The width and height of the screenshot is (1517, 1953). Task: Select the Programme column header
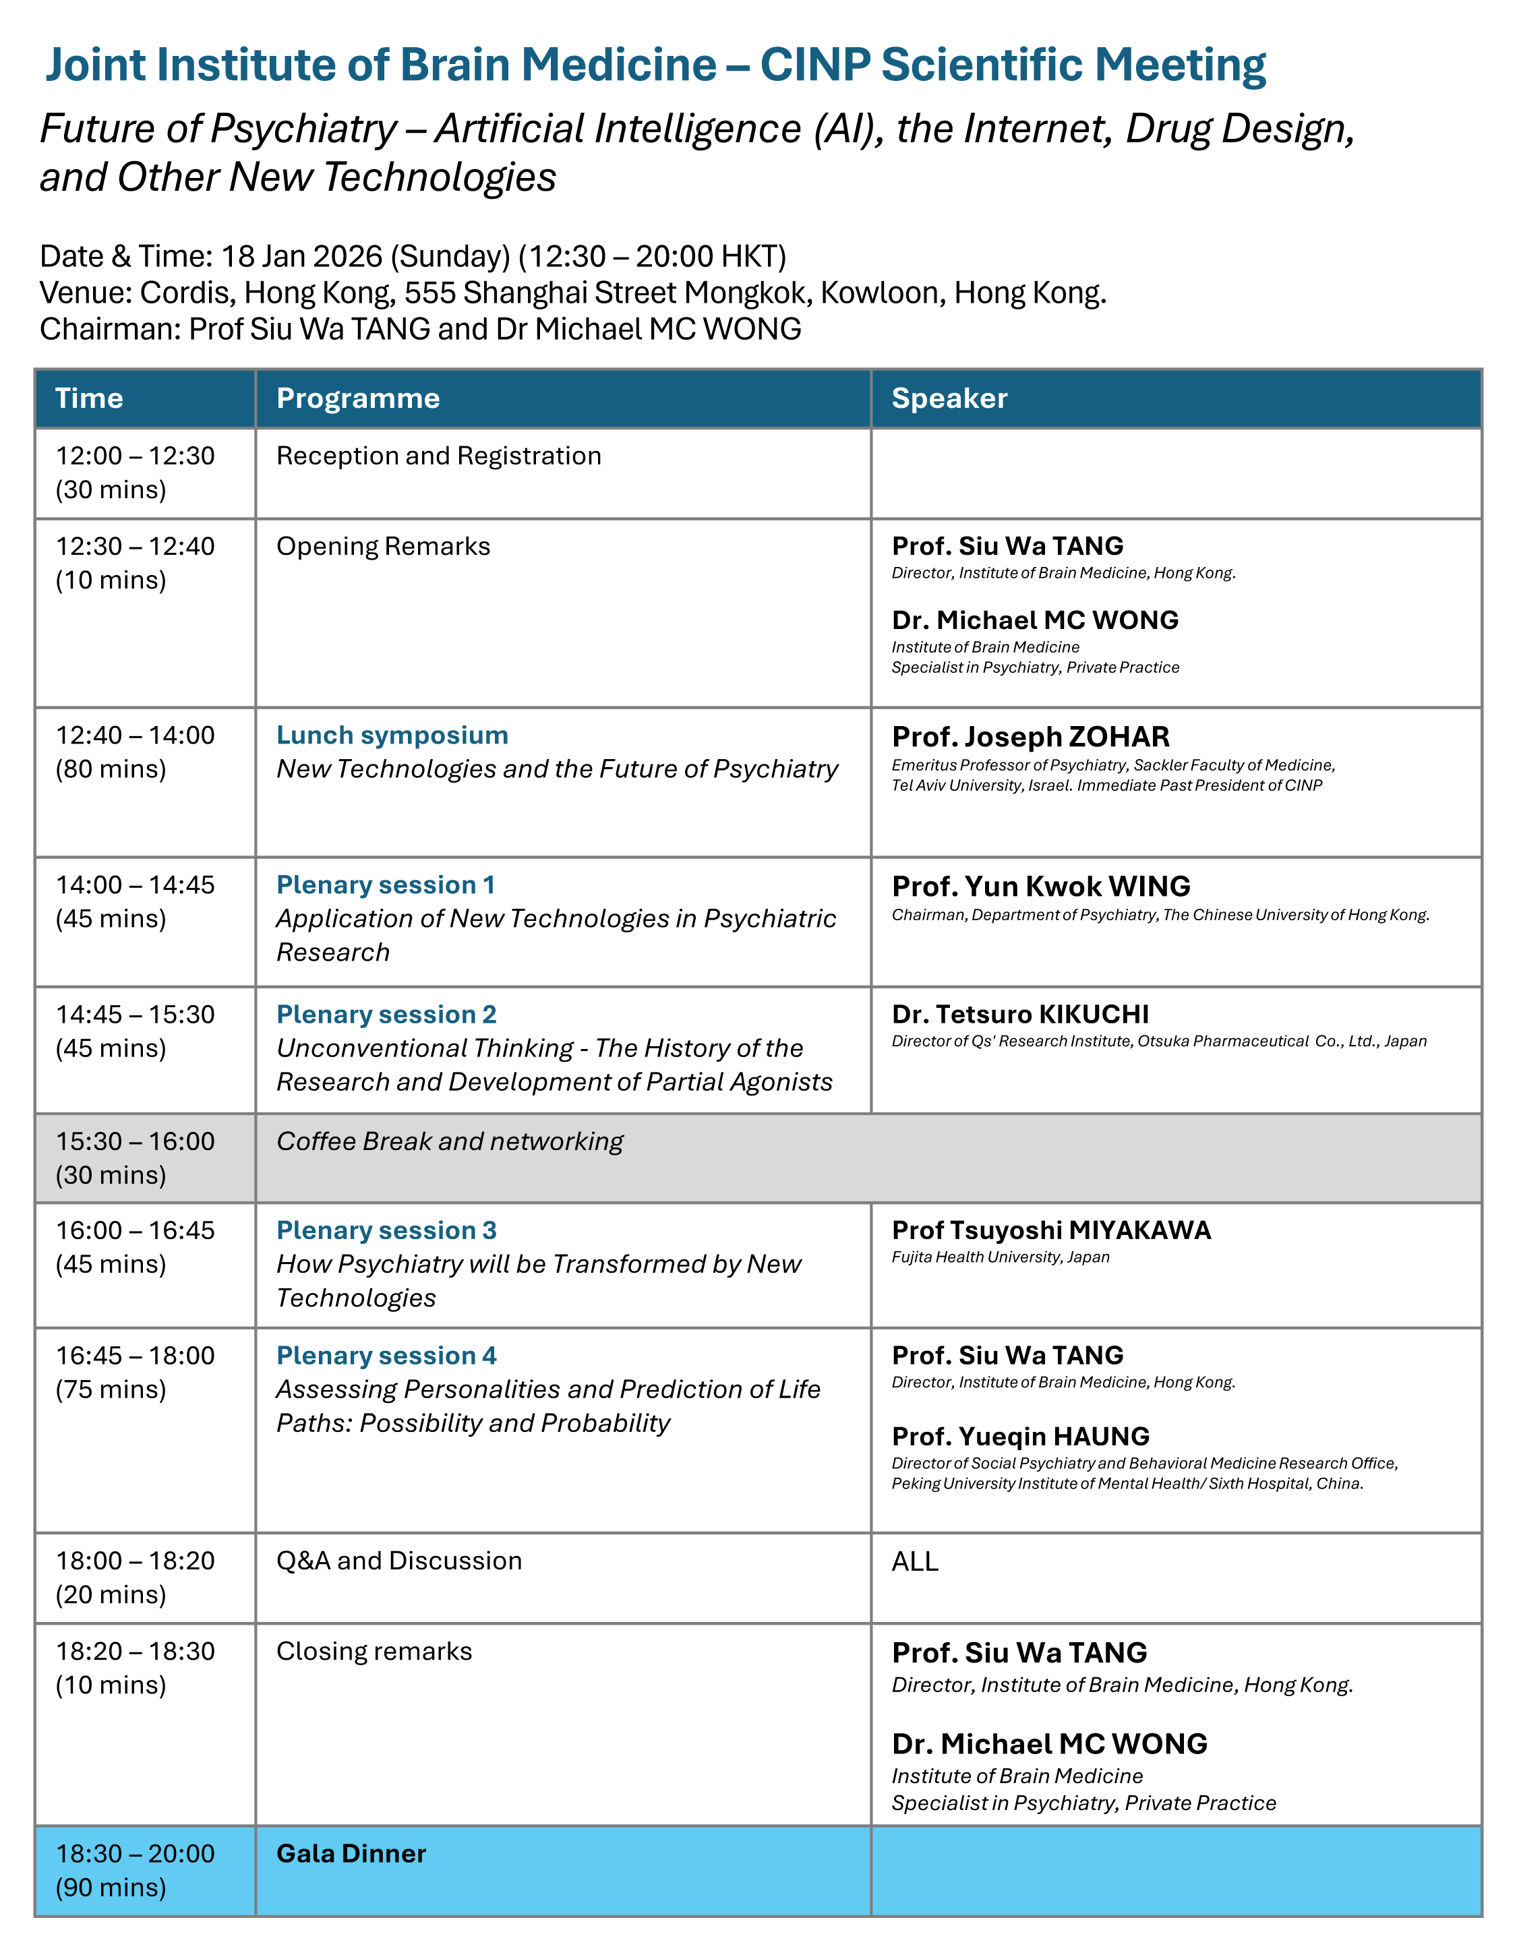(358, 398)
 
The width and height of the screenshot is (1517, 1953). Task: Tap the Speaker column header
(949, 398)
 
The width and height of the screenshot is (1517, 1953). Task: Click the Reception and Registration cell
(438, 456)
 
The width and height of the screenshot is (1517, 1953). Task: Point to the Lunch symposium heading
(392, 735)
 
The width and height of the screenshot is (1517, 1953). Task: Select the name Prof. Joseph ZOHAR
(1030, 737)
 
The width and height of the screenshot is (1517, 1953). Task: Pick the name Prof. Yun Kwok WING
(1040, 887)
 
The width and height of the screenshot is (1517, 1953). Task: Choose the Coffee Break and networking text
(449, 1142)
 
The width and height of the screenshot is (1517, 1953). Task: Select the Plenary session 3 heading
(386, 1230)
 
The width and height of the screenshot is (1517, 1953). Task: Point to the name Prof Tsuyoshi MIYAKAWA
(1051, 1230)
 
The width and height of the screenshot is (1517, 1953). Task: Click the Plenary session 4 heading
(386, 1356)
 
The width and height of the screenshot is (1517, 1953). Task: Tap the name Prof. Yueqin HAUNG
(1019, 1436)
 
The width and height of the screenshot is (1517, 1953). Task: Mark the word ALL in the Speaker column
(914, 1561)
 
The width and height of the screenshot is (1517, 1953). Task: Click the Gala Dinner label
(351, 1854)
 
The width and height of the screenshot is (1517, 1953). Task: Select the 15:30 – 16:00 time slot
(135, 1142)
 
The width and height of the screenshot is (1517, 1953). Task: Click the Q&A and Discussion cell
(399, 1561)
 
